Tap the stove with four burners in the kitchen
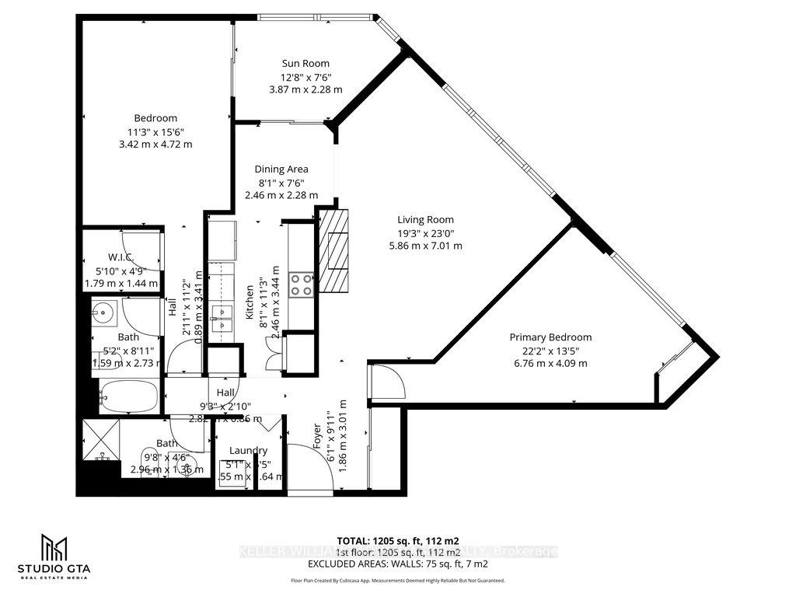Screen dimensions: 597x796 [x=302, y=284]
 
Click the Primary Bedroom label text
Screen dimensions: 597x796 [x=550, y=337]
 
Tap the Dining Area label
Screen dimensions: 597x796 [x=281, y=169]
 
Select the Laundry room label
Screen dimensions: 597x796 [x=249, y=450]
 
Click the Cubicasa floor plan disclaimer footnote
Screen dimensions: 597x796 [x=397, y=581]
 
